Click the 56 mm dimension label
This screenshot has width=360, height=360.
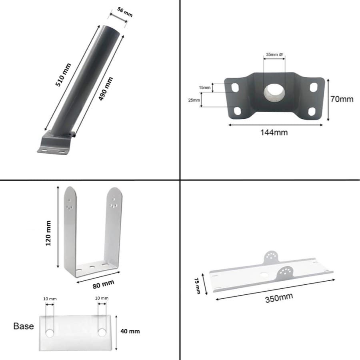[125, 12]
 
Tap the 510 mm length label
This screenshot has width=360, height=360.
[64, 75]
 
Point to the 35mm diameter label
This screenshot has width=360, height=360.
[274, 54]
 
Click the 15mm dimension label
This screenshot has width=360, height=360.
[204, 87]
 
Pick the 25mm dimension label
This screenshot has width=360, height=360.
[195, 100]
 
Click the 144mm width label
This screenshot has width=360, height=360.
[274, 132]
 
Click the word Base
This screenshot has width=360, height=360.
[24, 326]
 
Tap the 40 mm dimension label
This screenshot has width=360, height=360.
[130, 331]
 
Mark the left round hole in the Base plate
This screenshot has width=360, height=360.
[50, 332]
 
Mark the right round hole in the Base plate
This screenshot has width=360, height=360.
[102, 332]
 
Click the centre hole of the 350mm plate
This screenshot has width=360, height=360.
[264, 276]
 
